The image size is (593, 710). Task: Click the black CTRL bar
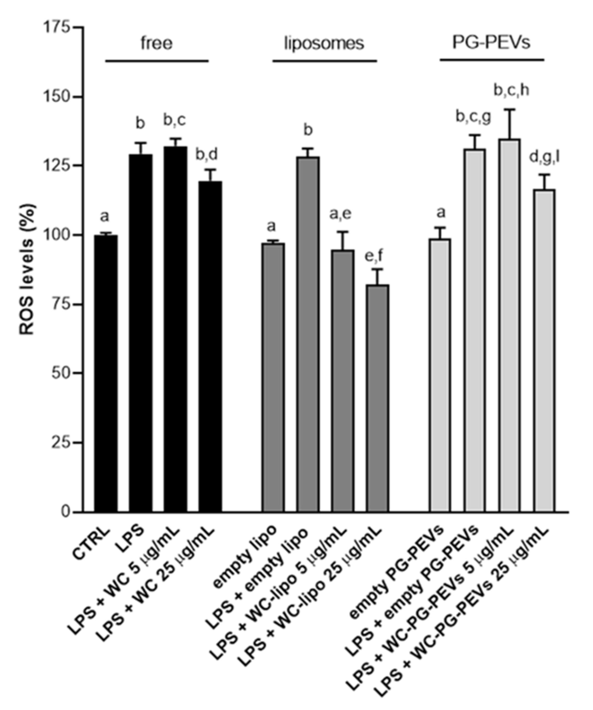106,373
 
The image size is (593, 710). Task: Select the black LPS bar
141,333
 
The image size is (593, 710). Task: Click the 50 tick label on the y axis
61,373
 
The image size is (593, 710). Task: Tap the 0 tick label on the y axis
66,512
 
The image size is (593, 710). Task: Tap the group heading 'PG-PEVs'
491,43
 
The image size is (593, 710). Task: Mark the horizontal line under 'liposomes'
325,61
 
